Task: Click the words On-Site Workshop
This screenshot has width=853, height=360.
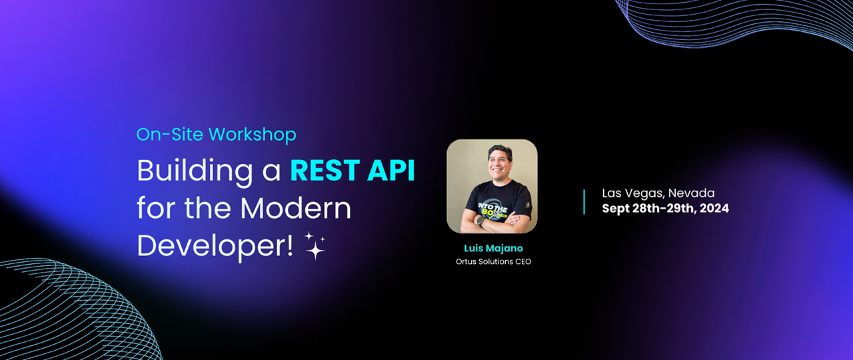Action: [216, 134]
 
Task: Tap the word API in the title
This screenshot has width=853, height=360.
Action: [392, 171]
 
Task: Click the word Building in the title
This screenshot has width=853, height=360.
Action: [189, 172]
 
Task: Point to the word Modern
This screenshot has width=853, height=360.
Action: [295, 209]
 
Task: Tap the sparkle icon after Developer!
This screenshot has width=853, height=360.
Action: [314, 245]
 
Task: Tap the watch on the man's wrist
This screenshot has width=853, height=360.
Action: [481, 221]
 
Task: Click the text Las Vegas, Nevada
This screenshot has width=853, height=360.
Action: [658, 193]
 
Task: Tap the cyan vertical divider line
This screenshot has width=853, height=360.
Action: [584, 201]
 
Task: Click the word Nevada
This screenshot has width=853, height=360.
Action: [690, 193]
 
